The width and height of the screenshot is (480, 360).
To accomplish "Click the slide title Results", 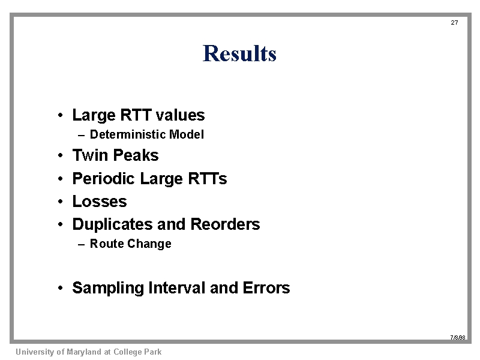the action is (x=239, y=53).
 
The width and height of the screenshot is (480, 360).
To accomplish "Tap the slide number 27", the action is (x=454, y=22).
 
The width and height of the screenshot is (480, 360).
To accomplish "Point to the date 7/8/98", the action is (x=458, y=337).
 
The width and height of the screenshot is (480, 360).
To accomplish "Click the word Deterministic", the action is (x=128, y=134).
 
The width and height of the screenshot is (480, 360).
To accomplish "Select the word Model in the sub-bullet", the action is (x=187, y=134).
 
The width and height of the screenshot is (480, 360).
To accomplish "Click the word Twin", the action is (x=90, y=155).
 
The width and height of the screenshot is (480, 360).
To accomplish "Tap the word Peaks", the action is (x=136, y=155).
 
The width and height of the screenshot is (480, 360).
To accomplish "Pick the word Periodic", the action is (x=103, y=178).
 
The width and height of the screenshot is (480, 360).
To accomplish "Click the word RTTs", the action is (x=207, y=178).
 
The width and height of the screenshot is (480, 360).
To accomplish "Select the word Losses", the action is (x=100, y=202).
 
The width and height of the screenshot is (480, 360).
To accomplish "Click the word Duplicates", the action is (x=112, y=224).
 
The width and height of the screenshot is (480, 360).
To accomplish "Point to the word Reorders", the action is (x=225, y=224).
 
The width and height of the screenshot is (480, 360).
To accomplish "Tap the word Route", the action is (x=107, y=244).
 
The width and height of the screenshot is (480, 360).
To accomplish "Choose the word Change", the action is (x=149, y=244).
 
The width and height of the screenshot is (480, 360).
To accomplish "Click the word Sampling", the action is (x=108, y=288).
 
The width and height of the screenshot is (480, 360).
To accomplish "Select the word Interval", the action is (x=176, y=288).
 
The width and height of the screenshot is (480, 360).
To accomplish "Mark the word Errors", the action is (x=266, y=288).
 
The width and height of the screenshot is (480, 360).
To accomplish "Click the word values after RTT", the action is (x=181, y=115).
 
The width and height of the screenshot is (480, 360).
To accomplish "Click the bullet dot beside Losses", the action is (x=61, y=202).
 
